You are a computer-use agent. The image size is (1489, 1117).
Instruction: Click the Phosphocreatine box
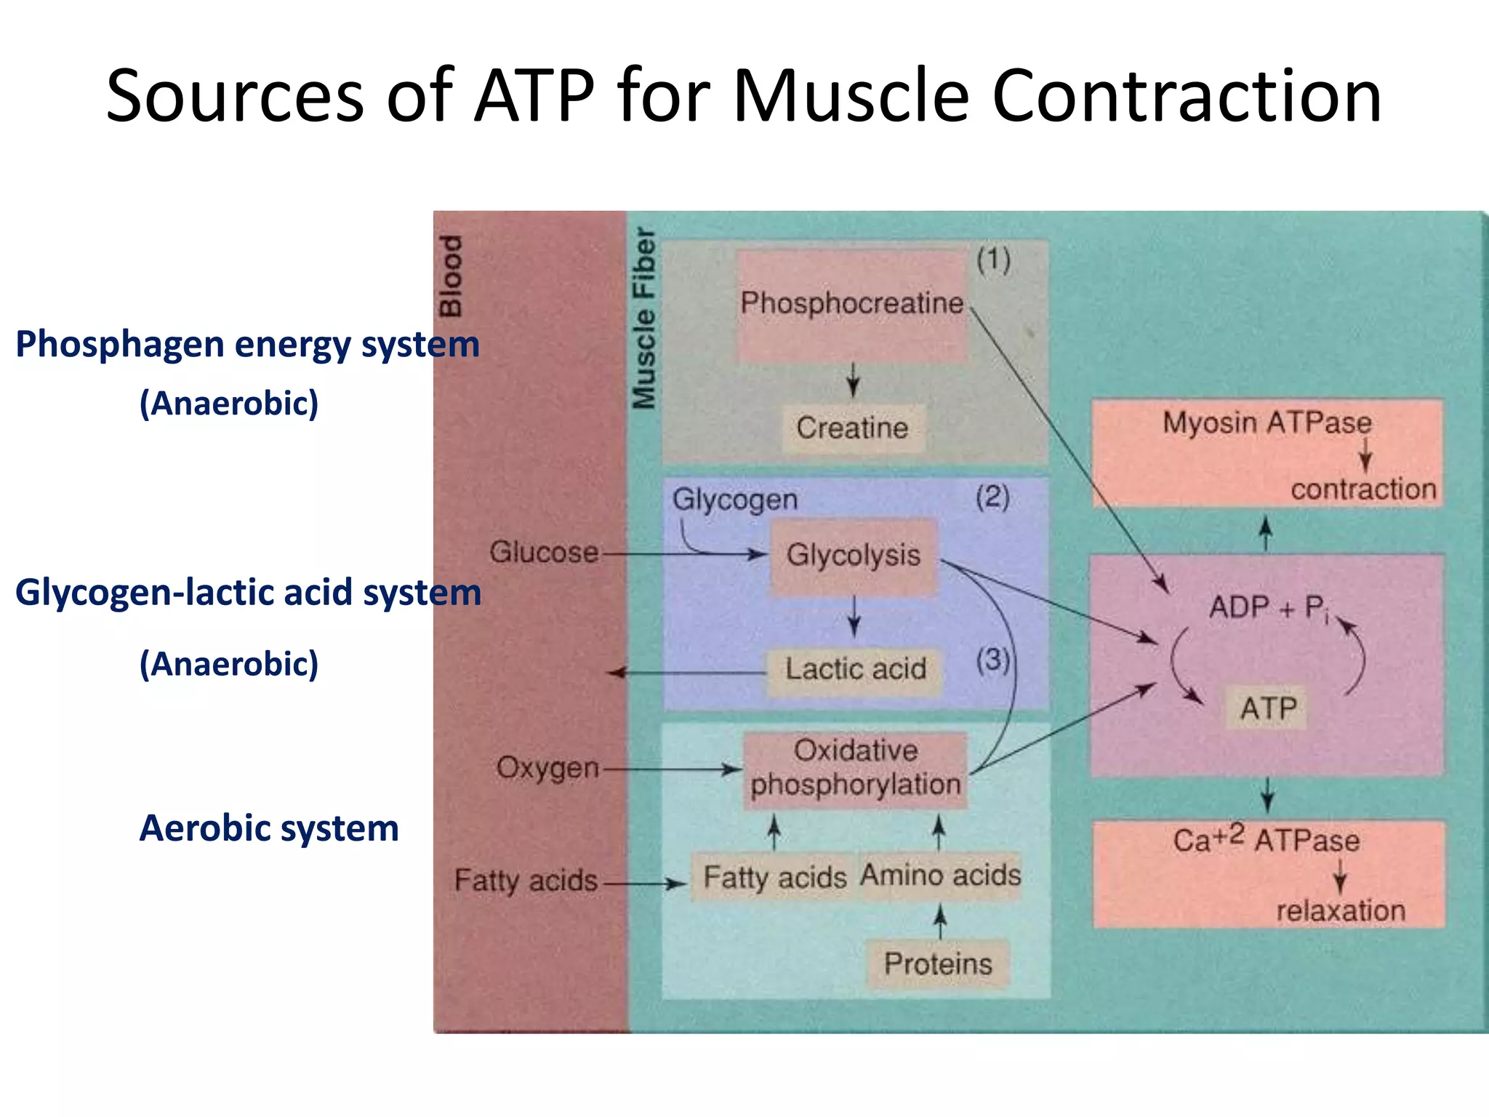pos(851,305)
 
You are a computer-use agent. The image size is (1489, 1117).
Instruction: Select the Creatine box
pos(852,428)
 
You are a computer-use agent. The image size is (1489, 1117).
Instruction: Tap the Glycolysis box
pos(853,556)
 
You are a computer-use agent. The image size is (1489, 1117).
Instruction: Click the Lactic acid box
pos(855,670)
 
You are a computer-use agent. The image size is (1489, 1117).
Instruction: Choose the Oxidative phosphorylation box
pos(855,769)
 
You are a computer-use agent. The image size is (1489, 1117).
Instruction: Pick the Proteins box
pos(938,964)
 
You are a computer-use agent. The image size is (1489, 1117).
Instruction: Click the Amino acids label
pos(940,876)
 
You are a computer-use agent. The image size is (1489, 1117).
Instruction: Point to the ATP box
pos(1268,708)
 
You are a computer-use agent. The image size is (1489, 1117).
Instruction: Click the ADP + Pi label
pos(1268,608)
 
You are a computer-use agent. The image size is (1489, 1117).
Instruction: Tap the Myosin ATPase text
pos(1267,423)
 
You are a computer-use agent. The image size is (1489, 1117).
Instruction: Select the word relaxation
pos(1341,911)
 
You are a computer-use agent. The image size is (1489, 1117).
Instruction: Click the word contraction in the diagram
pos(1363,489)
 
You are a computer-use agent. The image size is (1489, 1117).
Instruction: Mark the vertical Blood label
pos(451,276)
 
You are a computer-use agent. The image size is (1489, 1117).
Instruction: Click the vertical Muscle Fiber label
pos(644,319)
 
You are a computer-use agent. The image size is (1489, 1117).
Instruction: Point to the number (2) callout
pos(992,498)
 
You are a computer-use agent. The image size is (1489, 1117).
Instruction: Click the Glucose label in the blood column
pos(544,553)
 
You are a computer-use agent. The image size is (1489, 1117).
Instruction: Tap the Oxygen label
pos(547,768)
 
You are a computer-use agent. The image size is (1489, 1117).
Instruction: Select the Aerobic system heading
pos(269,828)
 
